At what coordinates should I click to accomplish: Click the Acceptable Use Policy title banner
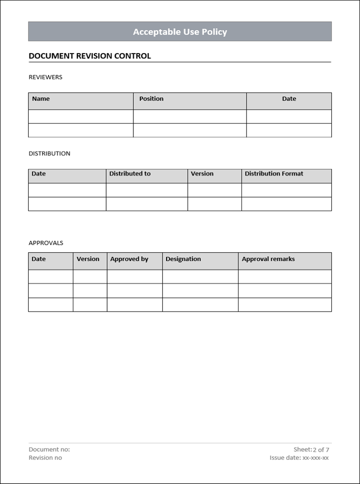180,32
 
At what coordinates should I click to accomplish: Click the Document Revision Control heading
90,56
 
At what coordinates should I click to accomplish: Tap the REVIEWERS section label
46,77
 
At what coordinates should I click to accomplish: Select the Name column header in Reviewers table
41,99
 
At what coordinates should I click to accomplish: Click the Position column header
151,99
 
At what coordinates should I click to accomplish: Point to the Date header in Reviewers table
289,99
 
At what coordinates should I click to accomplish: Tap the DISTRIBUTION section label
50,154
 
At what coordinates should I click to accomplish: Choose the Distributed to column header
130,174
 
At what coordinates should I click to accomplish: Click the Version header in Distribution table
202,174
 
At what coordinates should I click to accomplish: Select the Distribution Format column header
274,174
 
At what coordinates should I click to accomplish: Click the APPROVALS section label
46,243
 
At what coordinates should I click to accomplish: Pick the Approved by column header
129,259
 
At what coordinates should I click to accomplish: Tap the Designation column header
183,259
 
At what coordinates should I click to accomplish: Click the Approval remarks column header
268,259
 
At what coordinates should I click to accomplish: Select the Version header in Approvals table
88,259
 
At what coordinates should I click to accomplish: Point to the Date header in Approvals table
39,259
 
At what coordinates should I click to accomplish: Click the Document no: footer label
50,449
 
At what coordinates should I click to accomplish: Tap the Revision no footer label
46,458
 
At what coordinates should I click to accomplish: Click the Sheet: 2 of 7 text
311,449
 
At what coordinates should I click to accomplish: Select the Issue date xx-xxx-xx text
299,458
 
